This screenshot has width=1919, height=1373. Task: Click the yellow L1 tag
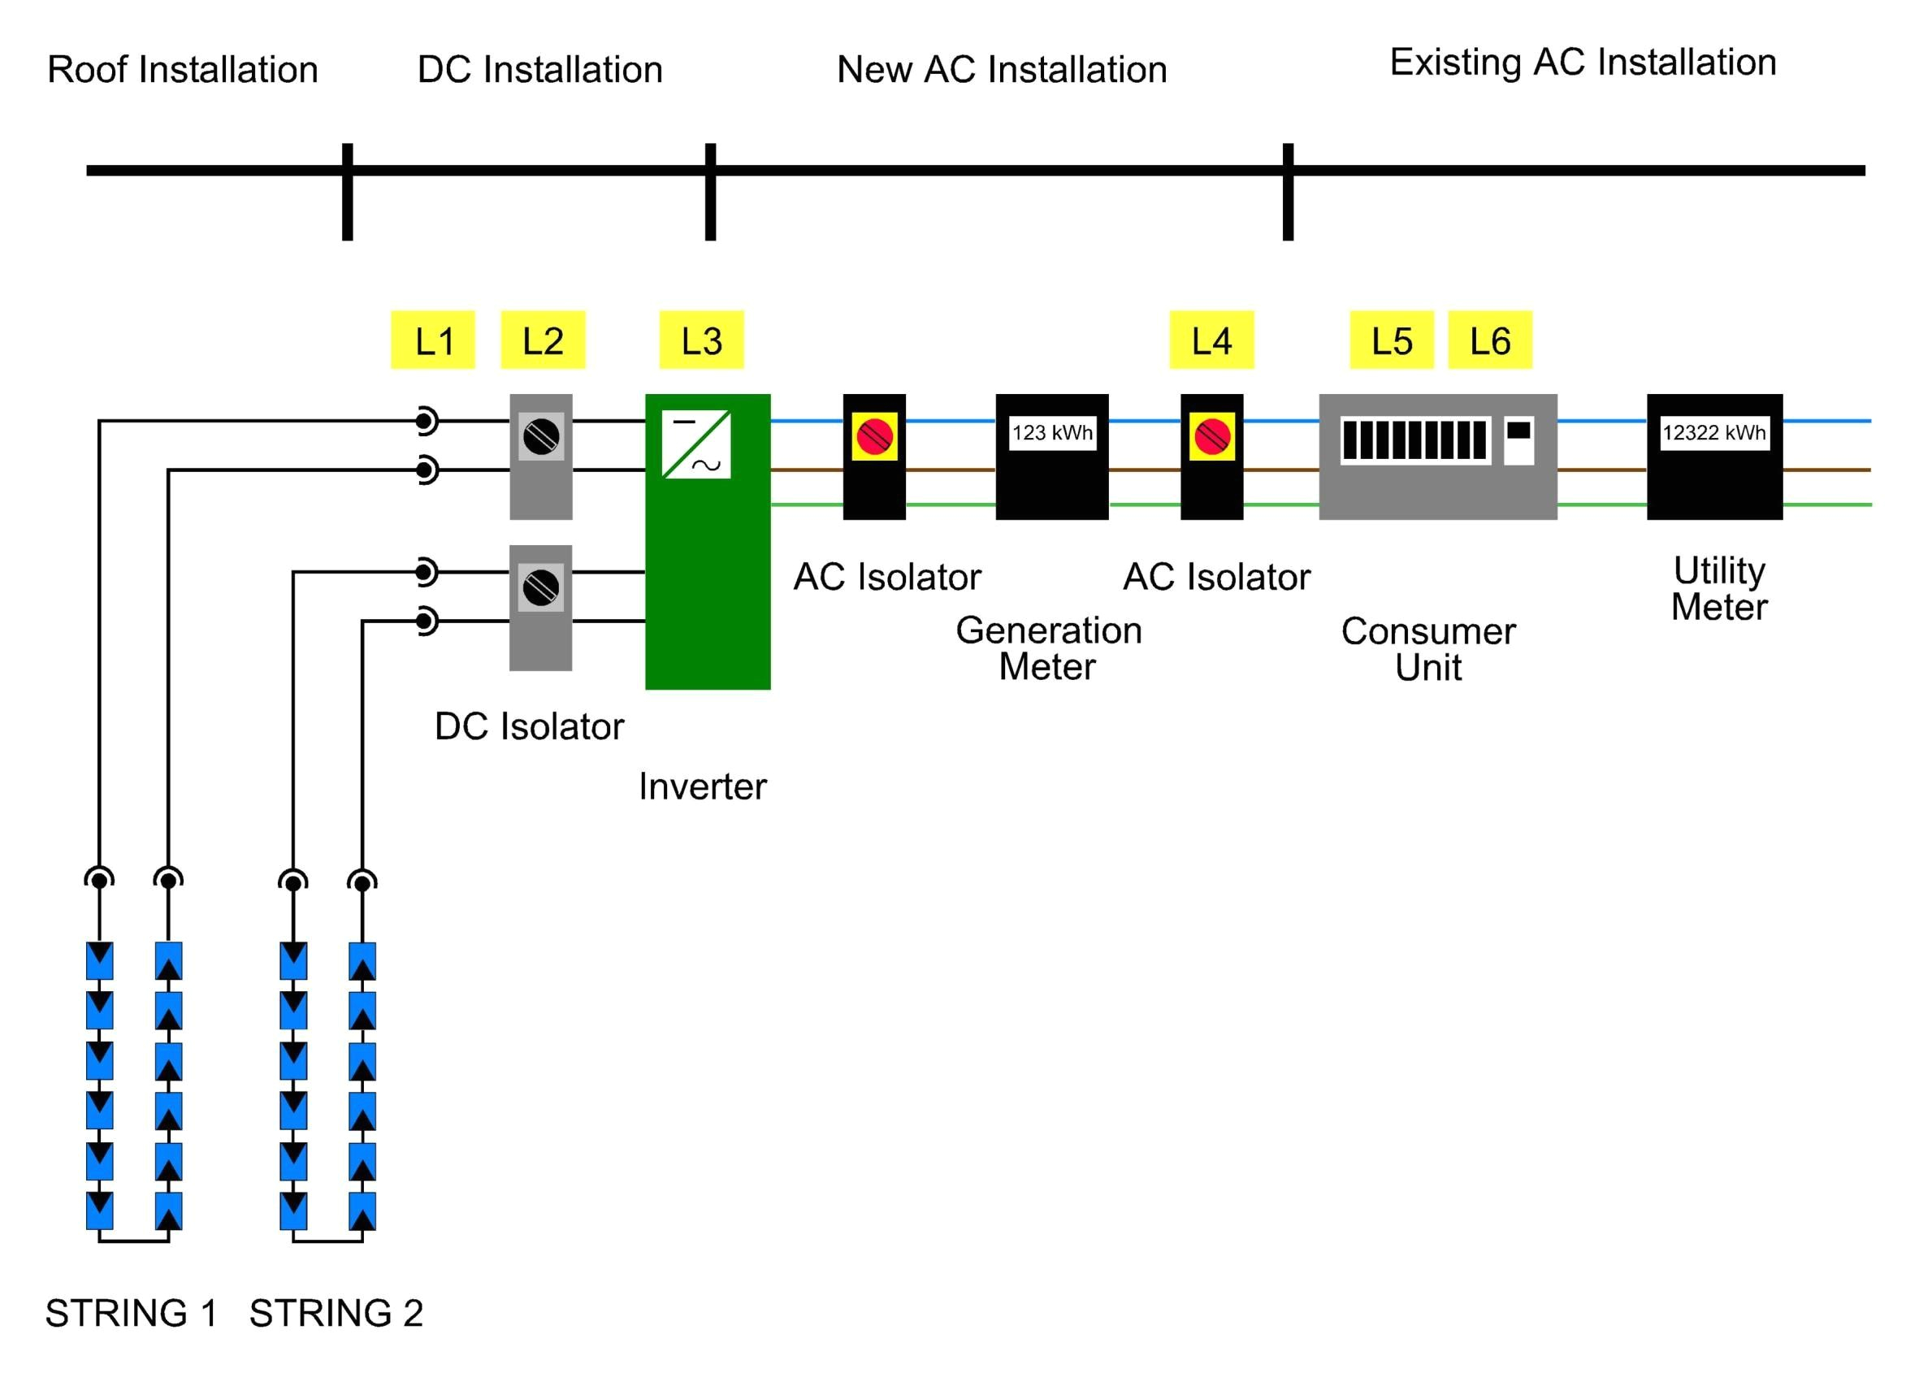[432, 340]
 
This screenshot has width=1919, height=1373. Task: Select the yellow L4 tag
[1211, 340]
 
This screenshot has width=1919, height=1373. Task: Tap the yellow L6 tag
[1488, 340]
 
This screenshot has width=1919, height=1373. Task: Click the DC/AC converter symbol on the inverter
[695, 444]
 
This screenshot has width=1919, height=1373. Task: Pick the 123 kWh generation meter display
[1051, 433]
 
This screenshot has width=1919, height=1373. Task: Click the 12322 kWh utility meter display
[1713, 433]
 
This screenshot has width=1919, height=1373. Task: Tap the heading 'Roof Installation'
[183, 69]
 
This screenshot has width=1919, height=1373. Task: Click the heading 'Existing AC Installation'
[1583, 63]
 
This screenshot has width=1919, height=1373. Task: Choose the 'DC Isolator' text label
[529, 726]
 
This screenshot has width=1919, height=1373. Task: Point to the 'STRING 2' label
[336, 1313]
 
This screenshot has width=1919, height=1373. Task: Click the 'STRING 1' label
[131, 1313]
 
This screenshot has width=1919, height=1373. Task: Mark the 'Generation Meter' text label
[1048, 648]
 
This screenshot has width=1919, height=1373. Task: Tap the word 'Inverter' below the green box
[703, 786]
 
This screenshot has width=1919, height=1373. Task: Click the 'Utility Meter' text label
[1718, 588]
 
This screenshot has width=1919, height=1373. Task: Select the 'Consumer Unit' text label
[1427, 649]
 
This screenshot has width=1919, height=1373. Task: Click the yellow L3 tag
[701, 340]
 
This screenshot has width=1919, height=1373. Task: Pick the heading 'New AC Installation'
[1002, 69]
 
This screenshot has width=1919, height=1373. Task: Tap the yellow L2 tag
[543, 340]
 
